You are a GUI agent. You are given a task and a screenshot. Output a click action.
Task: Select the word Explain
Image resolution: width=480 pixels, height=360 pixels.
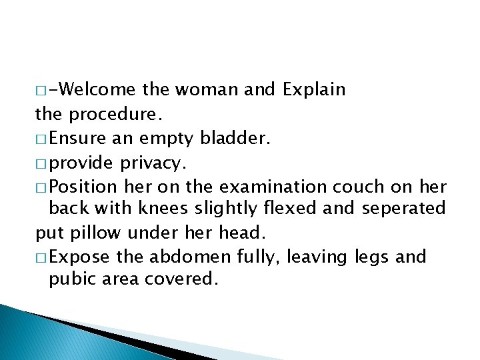pos(314,89)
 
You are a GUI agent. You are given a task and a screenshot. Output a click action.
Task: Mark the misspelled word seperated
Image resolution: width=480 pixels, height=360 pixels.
pos(403,209)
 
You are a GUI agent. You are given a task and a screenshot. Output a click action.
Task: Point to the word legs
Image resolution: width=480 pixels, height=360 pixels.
pos(367,257)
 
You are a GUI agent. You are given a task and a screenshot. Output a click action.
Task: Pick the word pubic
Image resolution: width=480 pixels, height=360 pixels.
pos(69,279)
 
